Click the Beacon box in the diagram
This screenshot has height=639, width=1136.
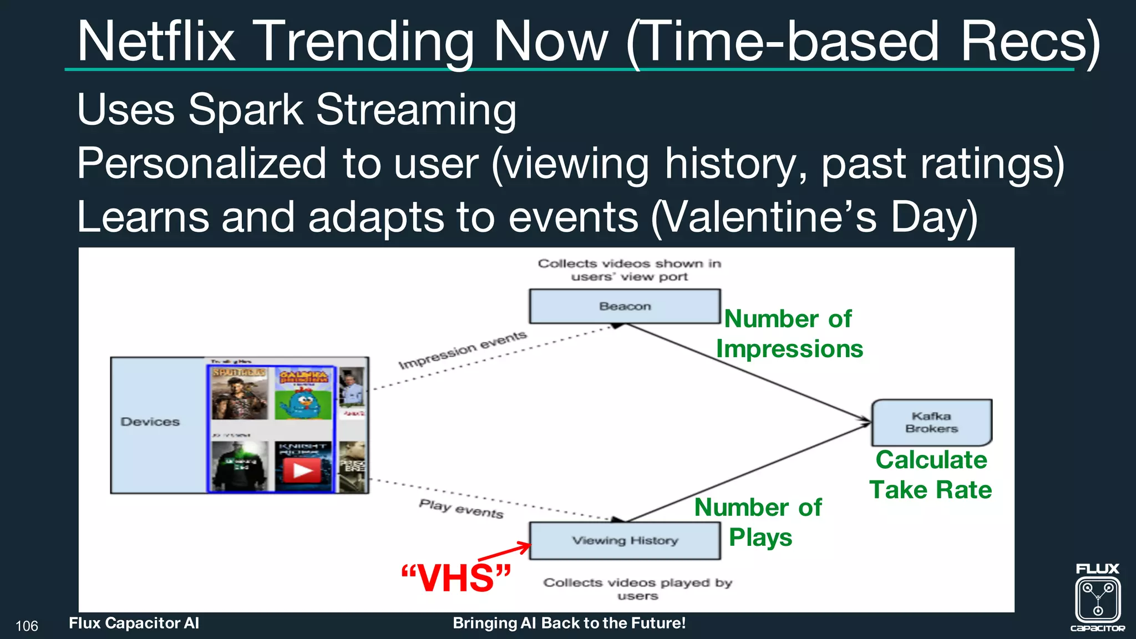pyautogui.click(x=625, y=306)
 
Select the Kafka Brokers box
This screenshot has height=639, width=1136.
pyautogui.click(x=931, y=423)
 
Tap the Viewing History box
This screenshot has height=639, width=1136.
pyautogui.click(x=625, y=540)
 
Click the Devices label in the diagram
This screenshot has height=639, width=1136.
pyautogui.click(x=150, y=422)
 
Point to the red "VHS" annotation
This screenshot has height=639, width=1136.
pyautogui.click(x=455, y=579)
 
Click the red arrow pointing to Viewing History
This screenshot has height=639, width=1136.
pyautogui.click(x=505, y=552)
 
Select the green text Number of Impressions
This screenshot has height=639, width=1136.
pyautogui.click(x=789, y=334)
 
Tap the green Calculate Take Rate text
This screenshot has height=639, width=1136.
pyautogui.click(x=931, y=475)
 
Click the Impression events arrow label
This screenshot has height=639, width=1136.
pyautogui.click(x=463, y=350)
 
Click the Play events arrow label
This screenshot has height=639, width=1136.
pyautogui.click(x=461, y=509)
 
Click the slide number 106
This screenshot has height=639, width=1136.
pyautogui.click(x=27, y=626)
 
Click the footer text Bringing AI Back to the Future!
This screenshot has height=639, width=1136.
pyautogui.click(x=569, y=623)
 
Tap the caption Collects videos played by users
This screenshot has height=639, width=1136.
pyautogui.click(x=638, y=589)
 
